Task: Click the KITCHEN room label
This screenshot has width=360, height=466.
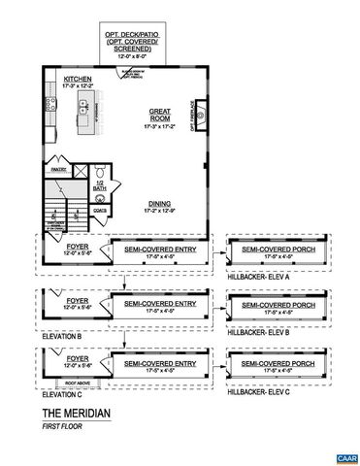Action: click(78, 79)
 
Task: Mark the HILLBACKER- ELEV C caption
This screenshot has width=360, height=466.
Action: click(256, 391)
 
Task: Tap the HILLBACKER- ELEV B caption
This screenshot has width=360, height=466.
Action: click(256, 332)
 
